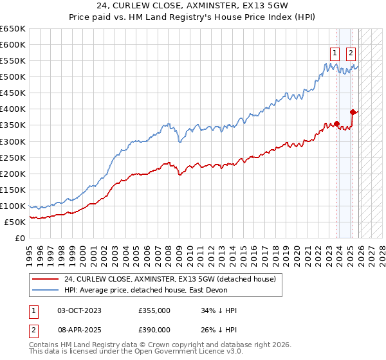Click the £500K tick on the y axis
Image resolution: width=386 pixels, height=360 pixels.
click(12, 77)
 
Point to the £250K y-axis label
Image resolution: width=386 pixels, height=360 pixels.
click(12, 157)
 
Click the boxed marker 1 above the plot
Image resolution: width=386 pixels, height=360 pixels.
click(336, 53)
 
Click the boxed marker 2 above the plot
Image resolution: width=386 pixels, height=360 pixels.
click(351, 53)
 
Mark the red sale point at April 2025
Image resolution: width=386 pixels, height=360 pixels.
click(353, 112)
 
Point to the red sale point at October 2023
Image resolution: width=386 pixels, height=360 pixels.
click(336, 123)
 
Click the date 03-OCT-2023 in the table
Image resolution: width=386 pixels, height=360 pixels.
click(79, 310)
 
